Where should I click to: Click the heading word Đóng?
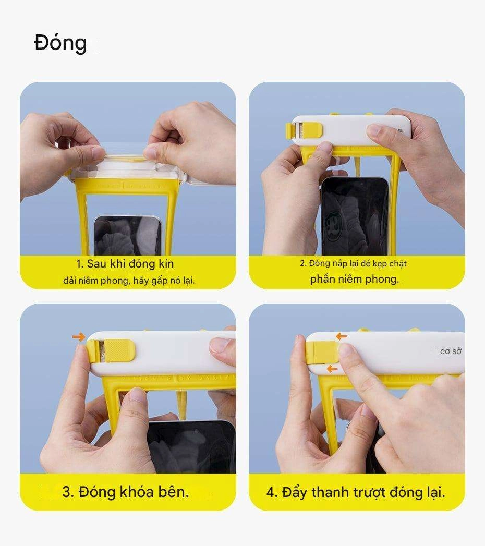coord(60,43)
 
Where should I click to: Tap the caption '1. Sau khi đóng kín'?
coord(125,263)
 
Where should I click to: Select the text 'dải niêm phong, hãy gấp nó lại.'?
coord(128,281)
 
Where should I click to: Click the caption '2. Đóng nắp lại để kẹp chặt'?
coord(353,263)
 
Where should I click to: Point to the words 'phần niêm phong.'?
coord(354,279)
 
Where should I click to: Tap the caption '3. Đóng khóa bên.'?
coord(126,492)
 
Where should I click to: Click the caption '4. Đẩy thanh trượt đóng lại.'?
coord(356,492)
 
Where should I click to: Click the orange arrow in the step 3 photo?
coord(79,338)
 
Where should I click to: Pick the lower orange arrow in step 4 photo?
coord(331,369)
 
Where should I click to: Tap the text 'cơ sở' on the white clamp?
coord(451,351)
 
